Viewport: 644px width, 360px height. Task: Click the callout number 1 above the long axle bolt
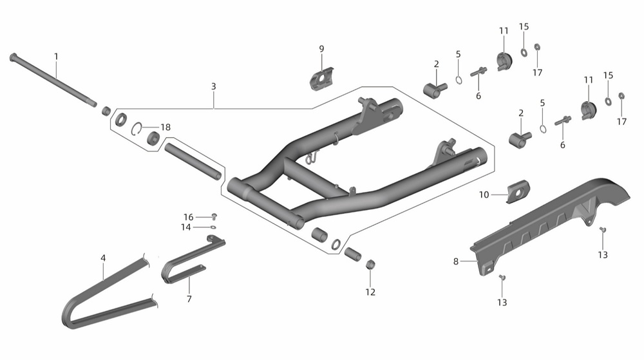[x=56, y=57]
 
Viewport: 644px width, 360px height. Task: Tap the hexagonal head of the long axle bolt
[x=13, y=57]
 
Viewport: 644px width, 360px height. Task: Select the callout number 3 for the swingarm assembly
[x=214, y=86]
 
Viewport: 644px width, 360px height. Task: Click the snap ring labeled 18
[x=137, y=129]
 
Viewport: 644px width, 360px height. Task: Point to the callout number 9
[x=321, y=49]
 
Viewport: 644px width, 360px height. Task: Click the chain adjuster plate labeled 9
[x=321, y=77]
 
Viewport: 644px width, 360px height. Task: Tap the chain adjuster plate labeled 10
[x=518, y=192]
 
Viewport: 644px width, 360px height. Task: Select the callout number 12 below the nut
[x=370, y=292]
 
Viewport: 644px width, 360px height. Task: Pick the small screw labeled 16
[x=214, y=216]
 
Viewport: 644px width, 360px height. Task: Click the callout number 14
[x=186, y=227]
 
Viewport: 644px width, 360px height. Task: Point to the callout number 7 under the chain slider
[x=189, y=299]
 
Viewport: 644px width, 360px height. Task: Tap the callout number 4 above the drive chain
[x=103, y=258]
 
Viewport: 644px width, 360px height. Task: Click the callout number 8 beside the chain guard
[x=456, y=261]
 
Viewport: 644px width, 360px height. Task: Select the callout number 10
[x=484, y=194]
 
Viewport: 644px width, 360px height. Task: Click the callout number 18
[x=166, y=128]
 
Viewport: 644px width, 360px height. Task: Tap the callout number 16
[x=188, y=217]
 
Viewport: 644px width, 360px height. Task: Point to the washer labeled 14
[x=213, y=227]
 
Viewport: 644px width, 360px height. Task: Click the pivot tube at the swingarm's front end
[x=266, y=204]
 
